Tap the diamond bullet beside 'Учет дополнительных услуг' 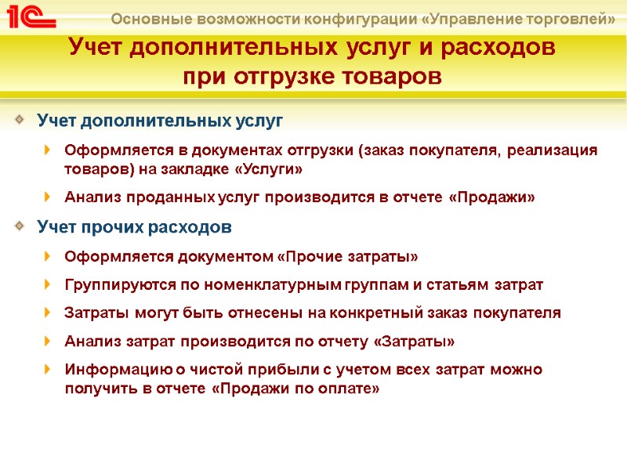(x=20, y=121)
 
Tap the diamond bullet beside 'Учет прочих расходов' (x=20, y=227)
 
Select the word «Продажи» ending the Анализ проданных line (x=491, y=197)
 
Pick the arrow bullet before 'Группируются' (x=49, y=285)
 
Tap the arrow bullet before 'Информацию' (x=49, y=370)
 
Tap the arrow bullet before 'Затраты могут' (x=49, y=313)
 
